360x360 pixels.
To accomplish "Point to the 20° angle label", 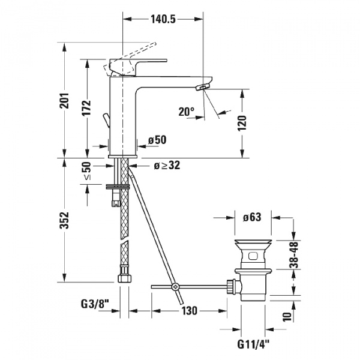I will coord(187,111).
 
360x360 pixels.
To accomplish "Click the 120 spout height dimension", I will coord(242,124).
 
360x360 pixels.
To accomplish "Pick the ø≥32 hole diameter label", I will coord(165,166).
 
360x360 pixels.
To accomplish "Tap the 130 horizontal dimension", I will coord(190,311).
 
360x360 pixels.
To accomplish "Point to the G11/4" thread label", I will coord(252,344).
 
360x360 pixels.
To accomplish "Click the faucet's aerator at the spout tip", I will coord(202,89).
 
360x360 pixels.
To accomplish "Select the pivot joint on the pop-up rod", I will coord(175,287).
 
